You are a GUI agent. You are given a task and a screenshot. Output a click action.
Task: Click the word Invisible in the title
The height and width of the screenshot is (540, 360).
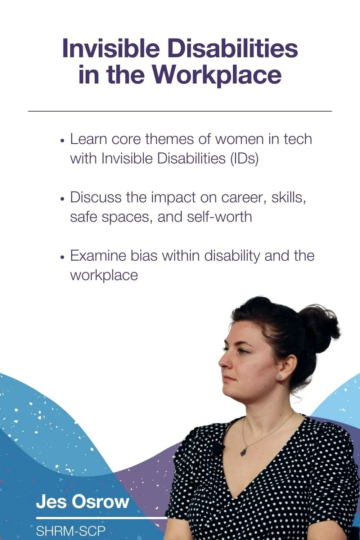(111, 49)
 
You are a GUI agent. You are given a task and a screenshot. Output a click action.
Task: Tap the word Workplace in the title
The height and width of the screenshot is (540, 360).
(216, 75)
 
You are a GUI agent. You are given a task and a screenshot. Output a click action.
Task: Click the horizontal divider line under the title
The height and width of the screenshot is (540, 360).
(180, 111)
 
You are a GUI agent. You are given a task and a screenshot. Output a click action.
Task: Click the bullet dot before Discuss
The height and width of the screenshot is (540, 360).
(63, 199)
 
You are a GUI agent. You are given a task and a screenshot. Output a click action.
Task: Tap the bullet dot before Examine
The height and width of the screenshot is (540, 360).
(63, 257)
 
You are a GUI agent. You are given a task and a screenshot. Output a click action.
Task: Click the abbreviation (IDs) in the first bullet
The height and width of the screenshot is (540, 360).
(244, 158)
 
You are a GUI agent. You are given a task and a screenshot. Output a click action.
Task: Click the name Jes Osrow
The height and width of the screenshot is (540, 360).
(82, 501)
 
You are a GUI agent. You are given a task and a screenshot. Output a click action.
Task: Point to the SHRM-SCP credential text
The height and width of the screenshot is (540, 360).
(71, 531)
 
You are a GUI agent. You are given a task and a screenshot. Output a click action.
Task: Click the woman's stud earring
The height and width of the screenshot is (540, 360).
(279, 377)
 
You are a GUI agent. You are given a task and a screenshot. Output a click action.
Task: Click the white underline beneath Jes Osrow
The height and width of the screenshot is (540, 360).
(101, 518)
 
